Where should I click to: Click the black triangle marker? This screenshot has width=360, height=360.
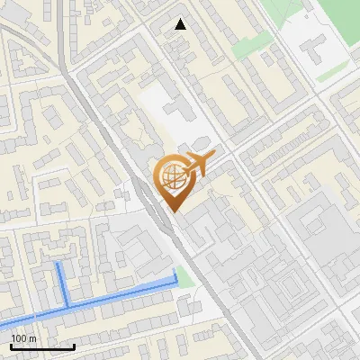coord(181,24)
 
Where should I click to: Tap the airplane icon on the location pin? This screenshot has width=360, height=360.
coord(196,166)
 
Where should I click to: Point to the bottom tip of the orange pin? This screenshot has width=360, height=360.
coord(173,211)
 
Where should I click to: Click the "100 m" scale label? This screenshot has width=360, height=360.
coord(23,338)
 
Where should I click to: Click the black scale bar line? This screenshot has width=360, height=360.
coord(42,346)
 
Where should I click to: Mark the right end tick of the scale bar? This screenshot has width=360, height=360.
coord(74,346)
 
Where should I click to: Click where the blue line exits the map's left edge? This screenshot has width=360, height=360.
coord(2,326)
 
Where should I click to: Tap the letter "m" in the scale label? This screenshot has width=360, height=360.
coord(31,338)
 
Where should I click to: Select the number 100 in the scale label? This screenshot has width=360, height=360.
coord(18,338)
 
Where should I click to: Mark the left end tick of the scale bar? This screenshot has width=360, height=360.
coord(11,346)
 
